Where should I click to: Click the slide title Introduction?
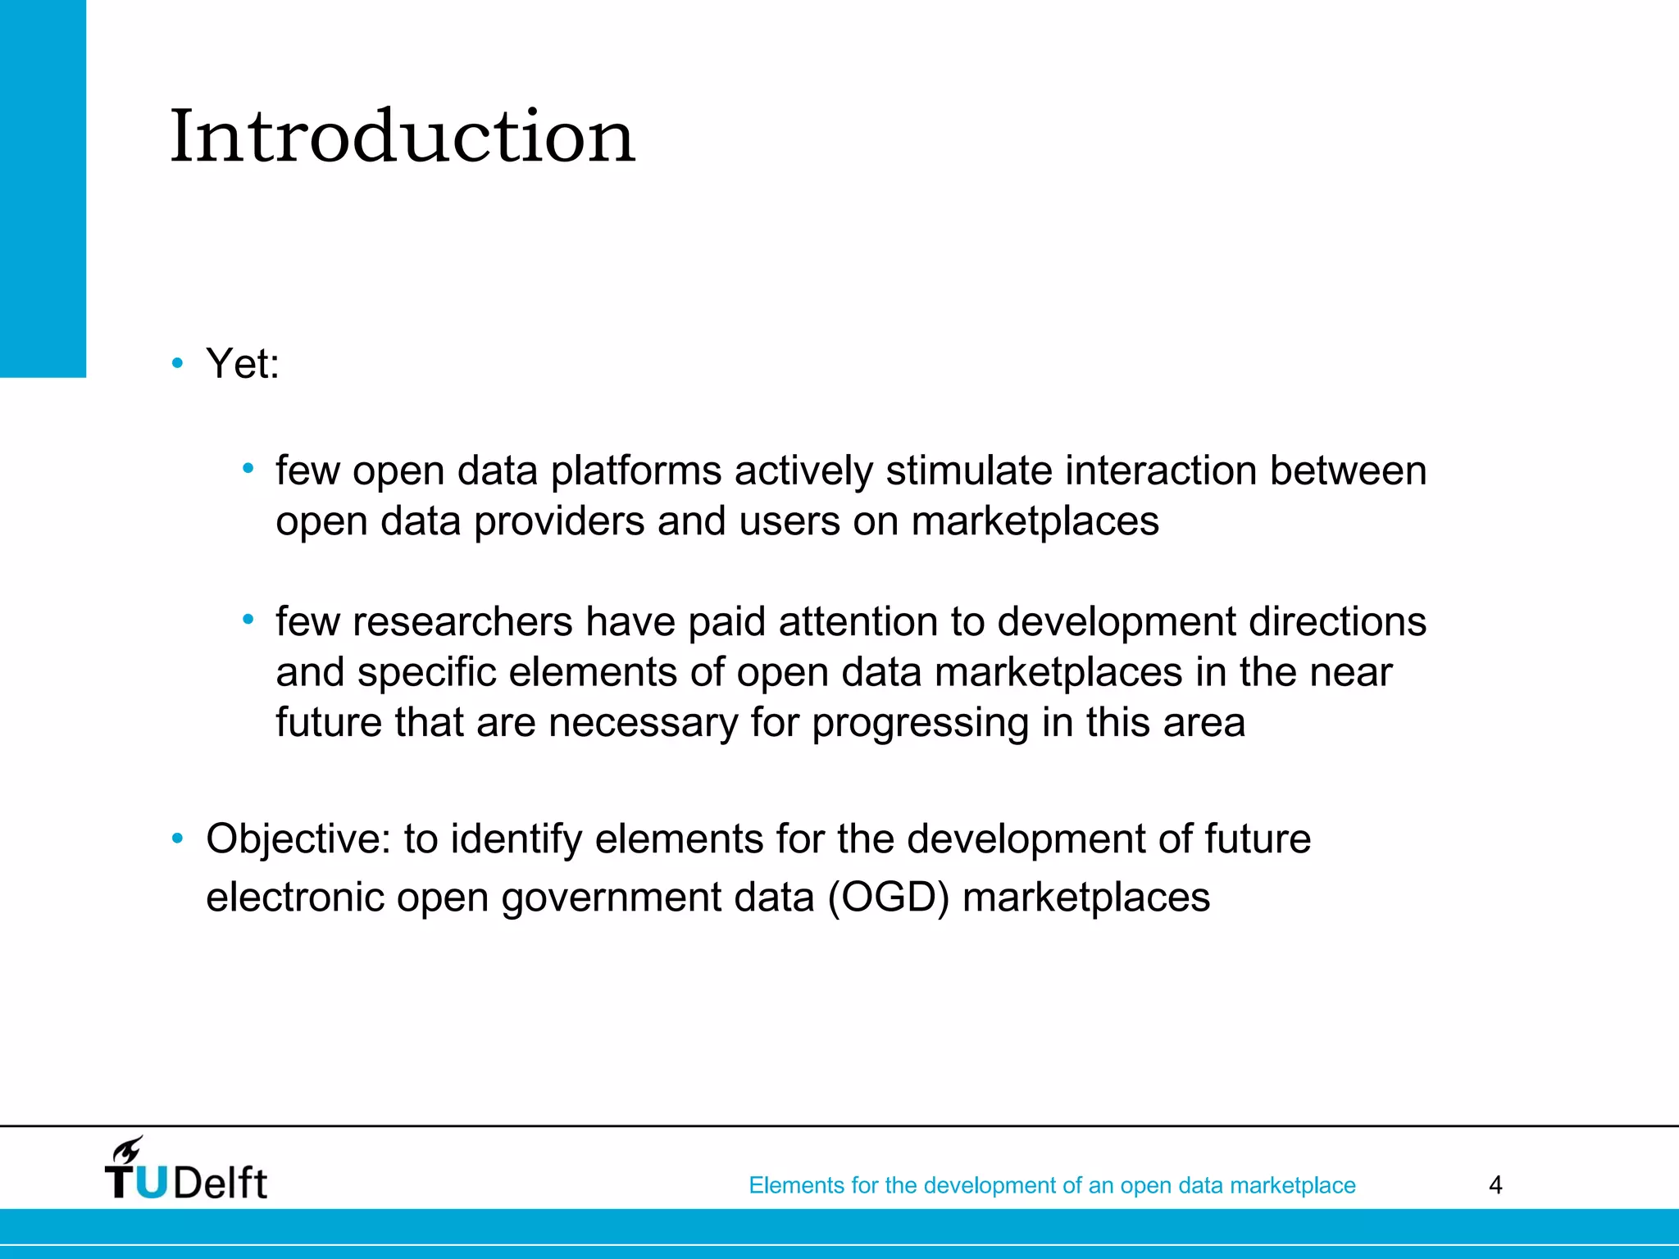tap(402, 136)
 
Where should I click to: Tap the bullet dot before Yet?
tap(177, 362)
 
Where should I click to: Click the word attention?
tap(858, 621)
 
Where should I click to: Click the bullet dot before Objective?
tap(177, 839)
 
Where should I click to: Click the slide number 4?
tap(1495, 1185)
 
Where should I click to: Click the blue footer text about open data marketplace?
tap(1052, 1185)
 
